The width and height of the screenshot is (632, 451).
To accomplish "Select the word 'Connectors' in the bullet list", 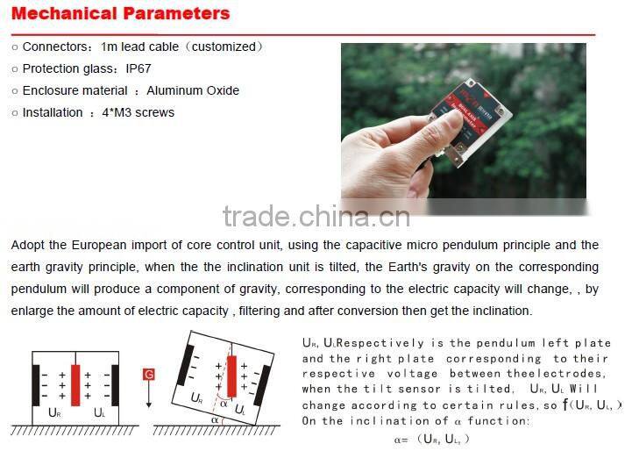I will click(x=52, y=47).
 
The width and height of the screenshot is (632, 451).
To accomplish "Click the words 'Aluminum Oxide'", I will click(x=193, y=90).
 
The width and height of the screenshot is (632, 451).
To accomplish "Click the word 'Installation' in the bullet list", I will click(x=53, y=112).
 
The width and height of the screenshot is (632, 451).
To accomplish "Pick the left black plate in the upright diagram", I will click(x=36, y=383).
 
